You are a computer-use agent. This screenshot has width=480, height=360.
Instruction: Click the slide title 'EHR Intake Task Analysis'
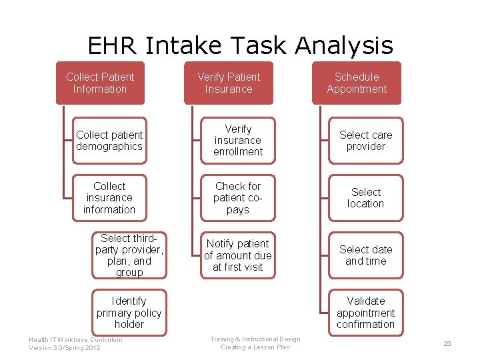pos(240,46)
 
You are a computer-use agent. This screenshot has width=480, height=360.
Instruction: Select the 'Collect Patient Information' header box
pos(100,83)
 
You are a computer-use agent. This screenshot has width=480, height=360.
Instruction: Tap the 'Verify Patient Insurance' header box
pos(229,83)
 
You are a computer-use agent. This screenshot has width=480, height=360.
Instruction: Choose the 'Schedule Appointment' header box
pos(357,83)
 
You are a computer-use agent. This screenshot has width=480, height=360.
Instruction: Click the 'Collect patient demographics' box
pos(109,141)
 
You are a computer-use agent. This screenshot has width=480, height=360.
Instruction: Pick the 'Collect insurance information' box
pos(109,198)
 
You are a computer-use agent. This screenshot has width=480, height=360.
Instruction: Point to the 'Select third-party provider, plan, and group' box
pos(129,255)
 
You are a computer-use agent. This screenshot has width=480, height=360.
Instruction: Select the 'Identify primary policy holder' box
pos(129,313)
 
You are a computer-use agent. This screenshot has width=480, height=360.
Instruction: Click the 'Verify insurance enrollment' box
pos(238,141)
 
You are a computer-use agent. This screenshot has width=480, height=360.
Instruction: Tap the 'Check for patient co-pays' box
pos(238,198)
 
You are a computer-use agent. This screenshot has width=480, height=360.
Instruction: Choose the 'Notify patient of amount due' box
pos(238,255)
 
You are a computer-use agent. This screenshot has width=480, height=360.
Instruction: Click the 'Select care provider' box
pos(366,141)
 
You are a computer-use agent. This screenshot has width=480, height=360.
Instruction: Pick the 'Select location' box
pos(366,198)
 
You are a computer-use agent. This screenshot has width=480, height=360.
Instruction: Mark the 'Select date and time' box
pos(366,255)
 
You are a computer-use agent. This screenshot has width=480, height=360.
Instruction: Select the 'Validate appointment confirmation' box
pos(366,313)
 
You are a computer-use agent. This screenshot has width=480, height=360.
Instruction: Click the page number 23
pos(447,344)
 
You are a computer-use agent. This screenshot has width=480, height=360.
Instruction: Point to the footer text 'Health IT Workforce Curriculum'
pos(75,340)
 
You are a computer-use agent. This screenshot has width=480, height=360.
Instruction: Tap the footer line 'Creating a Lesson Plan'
pos(255,347)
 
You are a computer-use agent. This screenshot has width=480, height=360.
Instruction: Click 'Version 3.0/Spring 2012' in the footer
pos(65,348)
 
